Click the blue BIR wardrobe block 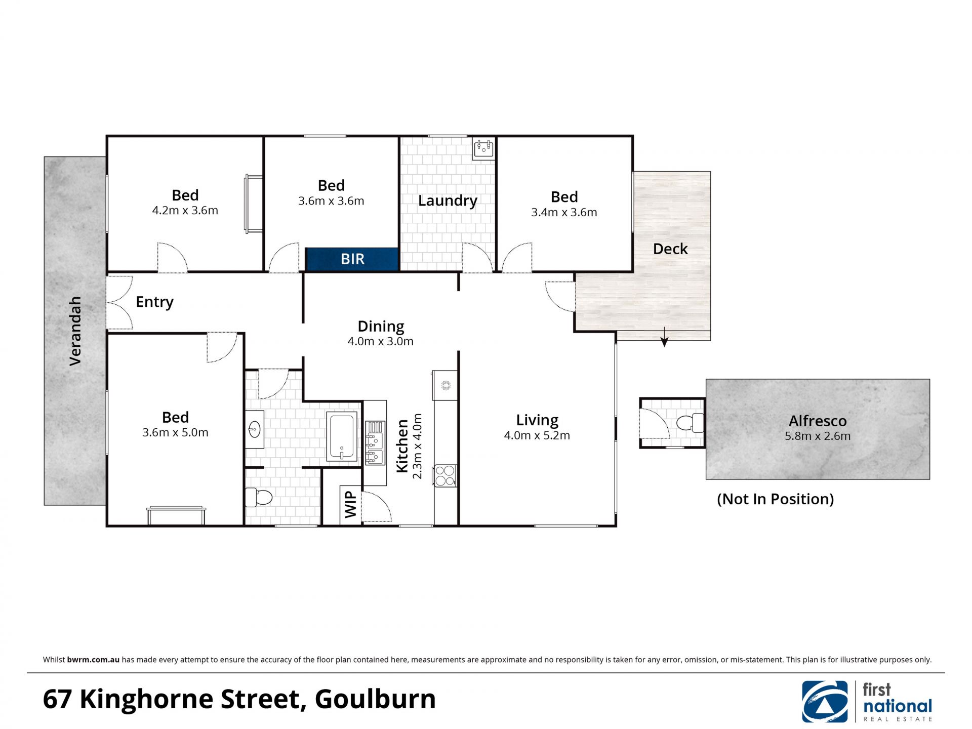click(x=352, y=259)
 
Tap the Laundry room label click(x=448, y=201)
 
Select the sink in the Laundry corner click(x=483, y=149)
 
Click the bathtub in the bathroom click(x=342, y=437)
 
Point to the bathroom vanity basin click(x=255, y=429)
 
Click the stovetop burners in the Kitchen click(x=445, y=476)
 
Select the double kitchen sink click(x=375, y=442)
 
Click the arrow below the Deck click(x=664, y=337)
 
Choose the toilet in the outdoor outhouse click(x=690, y=423)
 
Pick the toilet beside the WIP click(x=259, y=497)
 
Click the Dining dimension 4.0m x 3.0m click(x=380, y=342)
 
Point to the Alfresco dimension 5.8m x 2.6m click(x=818, y=436)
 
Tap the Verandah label click(x=75, y=331)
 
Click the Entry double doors click(x=119, y=303)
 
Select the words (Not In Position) click(x=775, y=499)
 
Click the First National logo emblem click(x=825, y=702)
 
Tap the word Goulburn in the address click(x=375, y=699)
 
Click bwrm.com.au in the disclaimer click(x=93, y=660)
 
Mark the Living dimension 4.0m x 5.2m click(x=537, y=435)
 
